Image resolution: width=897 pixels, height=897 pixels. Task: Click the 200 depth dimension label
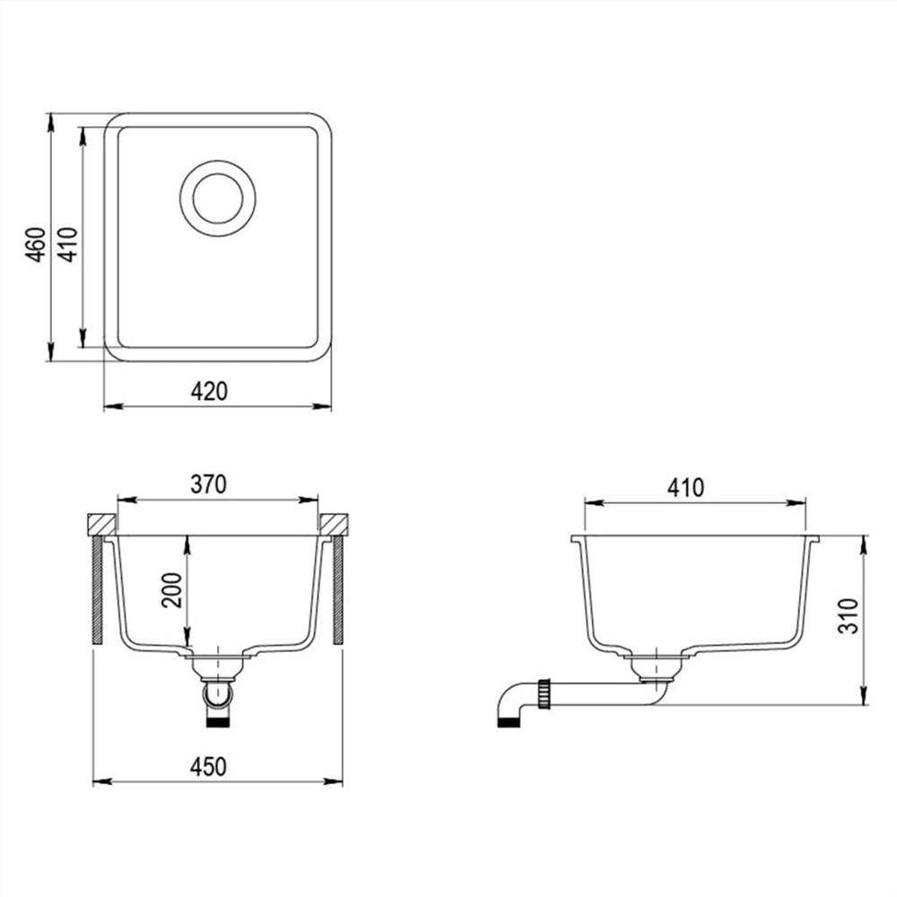point(171,589)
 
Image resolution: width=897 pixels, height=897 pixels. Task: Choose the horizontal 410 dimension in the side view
point(686,488)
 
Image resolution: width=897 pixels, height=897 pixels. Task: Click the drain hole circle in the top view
point(218,198)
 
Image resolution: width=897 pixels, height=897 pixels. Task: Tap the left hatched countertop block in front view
point(100,523)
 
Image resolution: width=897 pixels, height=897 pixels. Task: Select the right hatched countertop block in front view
point(334,523)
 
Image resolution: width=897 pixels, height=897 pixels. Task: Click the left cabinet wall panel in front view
point(96,589)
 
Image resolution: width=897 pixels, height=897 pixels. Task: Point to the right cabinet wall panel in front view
point(338,589)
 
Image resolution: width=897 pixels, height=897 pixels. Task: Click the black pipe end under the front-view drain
point(218,720)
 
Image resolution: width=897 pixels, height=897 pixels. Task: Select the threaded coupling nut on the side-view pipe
point(544,694)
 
